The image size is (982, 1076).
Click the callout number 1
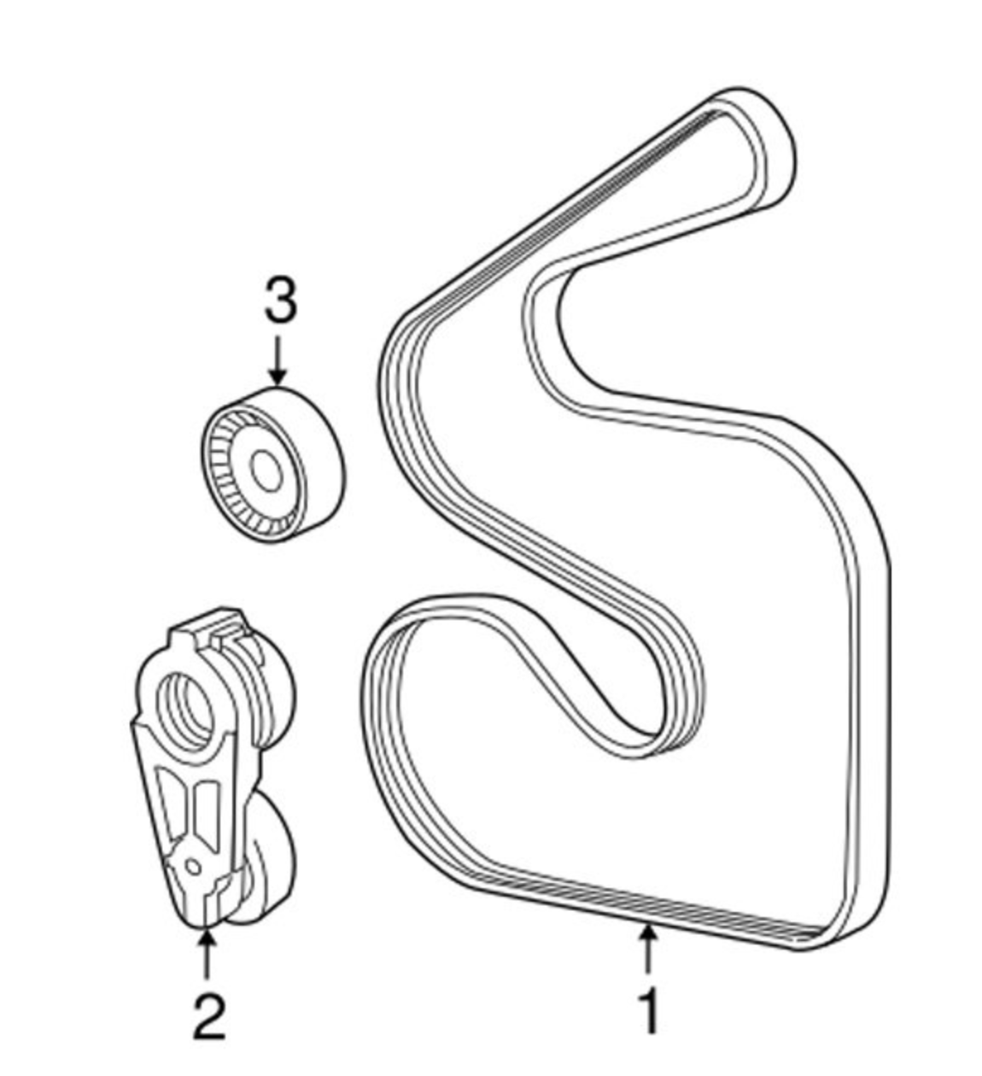(x=650, y=1011)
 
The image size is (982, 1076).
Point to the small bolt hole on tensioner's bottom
(x=193, y=867)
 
